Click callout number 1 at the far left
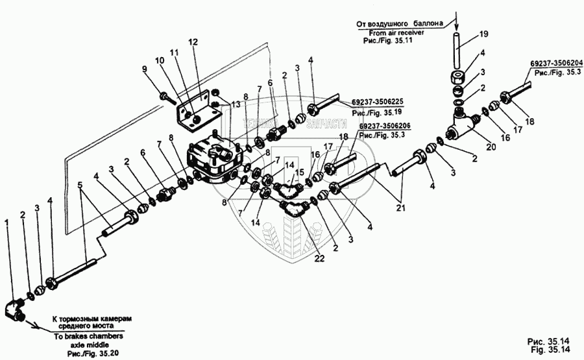click(x=6, y=222)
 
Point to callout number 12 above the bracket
click(x=193, y=42)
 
